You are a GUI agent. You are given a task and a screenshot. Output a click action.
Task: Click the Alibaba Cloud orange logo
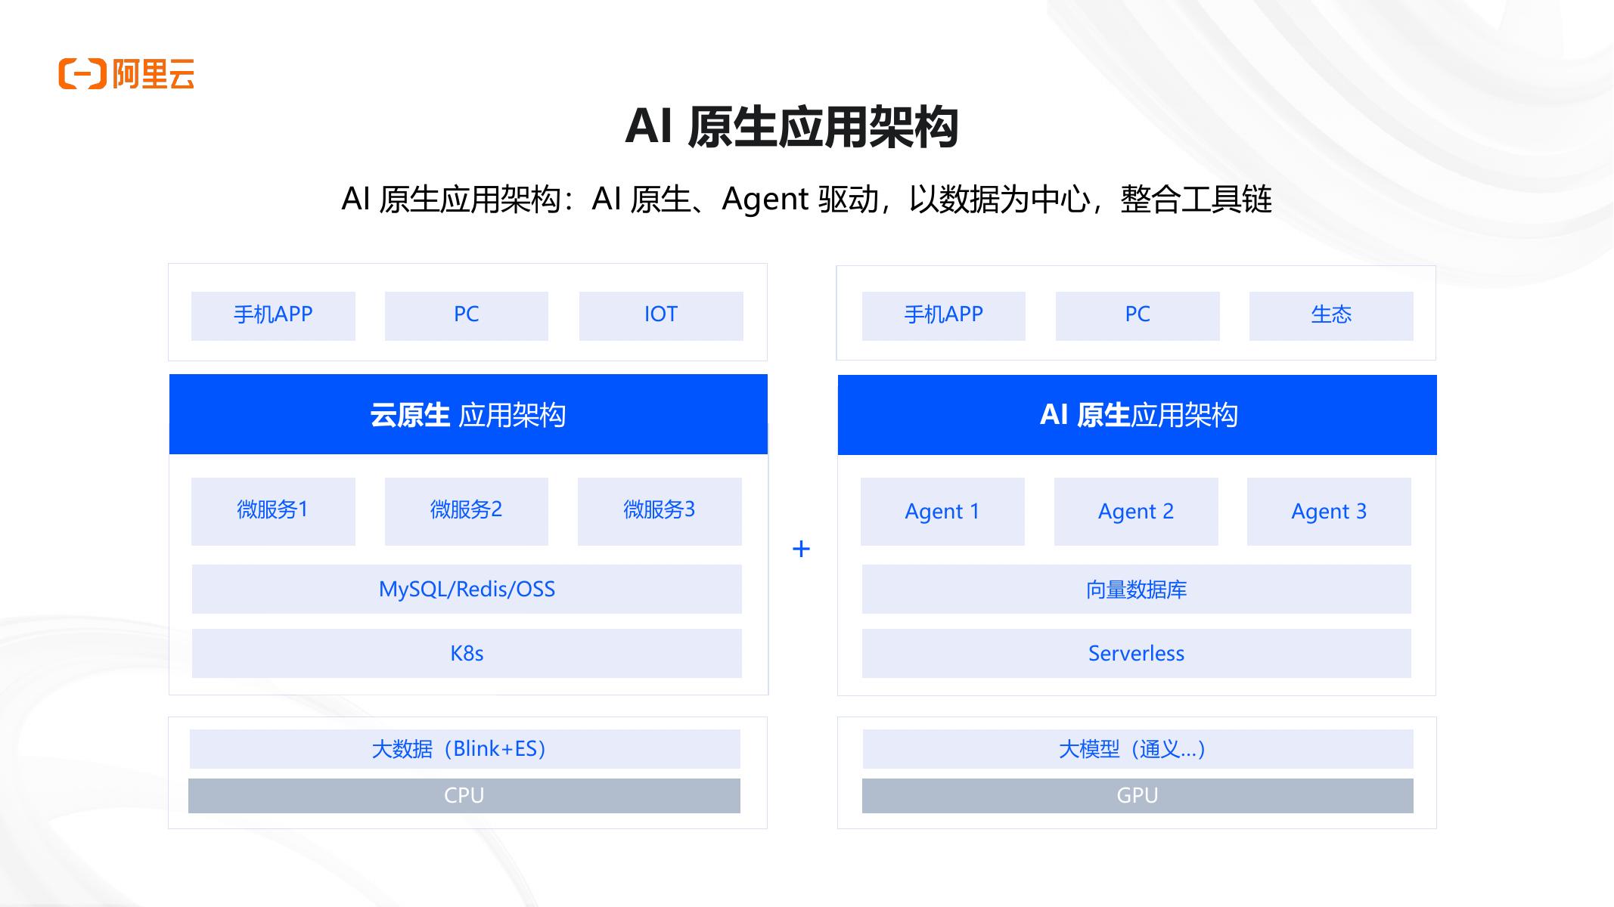126,74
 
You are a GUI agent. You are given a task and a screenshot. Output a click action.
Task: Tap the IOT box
660,315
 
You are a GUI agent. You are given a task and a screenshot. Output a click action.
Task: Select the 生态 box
1330,315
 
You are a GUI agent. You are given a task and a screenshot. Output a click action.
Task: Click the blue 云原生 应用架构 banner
468,414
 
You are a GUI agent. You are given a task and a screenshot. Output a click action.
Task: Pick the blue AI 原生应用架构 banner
1137,415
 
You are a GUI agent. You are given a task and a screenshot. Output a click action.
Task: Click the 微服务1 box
273,511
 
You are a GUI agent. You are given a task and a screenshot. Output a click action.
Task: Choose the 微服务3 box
660,511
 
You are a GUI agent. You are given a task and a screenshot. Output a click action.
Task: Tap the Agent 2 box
1136,512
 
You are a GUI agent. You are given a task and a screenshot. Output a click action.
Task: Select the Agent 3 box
1329,512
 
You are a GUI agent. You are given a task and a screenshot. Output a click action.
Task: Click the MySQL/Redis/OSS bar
467,589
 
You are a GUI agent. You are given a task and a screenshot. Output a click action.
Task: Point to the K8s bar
467,653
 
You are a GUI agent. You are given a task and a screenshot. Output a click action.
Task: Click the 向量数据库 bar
1136,589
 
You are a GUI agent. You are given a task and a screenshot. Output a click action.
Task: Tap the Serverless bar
1136,653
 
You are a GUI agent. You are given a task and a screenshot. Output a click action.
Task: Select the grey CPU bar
464,796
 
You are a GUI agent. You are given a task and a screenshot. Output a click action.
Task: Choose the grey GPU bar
1138,796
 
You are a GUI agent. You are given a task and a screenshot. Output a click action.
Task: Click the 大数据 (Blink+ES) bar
464,749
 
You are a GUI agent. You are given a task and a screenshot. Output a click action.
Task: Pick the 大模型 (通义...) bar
1138,749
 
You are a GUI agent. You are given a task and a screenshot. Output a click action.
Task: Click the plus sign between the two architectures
801,549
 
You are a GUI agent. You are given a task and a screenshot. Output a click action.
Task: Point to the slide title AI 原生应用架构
792,126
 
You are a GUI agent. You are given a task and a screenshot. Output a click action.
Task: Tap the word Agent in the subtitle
765,200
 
